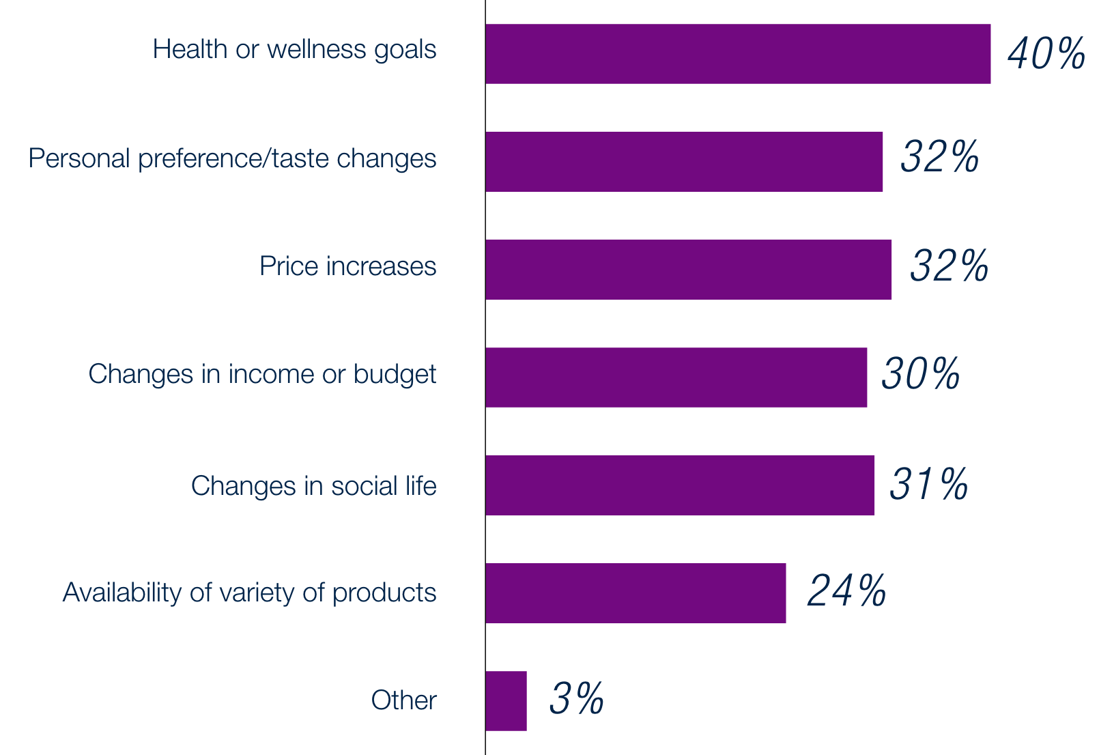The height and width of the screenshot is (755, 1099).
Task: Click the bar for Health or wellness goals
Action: pyautogui.click(x=738, y=54)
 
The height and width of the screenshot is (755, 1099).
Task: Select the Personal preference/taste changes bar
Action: pyautogui.click(x=684, y=162)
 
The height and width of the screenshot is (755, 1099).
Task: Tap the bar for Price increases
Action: pyautogui.click(x=689, y=270)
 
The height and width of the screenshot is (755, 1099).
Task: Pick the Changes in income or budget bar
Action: pyautogui.click(x=676, y=377)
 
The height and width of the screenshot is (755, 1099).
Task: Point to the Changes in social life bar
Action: pyautogui.click(x=680, y=485)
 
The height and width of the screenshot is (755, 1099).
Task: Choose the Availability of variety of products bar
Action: pyautogui.click(x=636, y=593)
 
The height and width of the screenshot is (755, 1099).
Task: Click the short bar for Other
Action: pyautogui.click(x=506, y=701)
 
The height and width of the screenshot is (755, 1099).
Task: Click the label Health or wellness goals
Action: pyautogui.click(x=294, y=50)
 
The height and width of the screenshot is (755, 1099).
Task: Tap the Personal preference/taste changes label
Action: pyautogui.click(x=232, y=158)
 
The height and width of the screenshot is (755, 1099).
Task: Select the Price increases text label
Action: pyautogui.click(x=347, y=266)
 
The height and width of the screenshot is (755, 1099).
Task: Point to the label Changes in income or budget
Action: pyautogui.click(x=262, y=375)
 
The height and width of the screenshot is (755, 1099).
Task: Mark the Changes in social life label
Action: pyautogui.click(x=313, y=486)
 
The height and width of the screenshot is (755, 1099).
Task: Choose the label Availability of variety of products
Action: pyautogui.click(x=249, y=593)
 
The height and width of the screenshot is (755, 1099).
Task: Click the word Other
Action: pyautogui.click(x=403, y=700)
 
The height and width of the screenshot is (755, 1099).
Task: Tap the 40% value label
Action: pyautogui.click(x=1046, y=53)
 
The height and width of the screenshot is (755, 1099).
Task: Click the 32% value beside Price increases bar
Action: pyautogui.click(x=949, y=266)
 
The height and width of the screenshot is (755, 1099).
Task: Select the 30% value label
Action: pyautogui.click(x=920, y=373)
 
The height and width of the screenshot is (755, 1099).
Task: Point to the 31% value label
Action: pyautogui.click(x=928, y=484)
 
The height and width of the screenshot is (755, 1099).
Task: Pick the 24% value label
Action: pyautogui.click(x=846, y=590)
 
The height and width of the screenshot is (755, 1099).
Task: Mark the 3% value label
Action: pyautogui.click(x=576, y=698)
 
